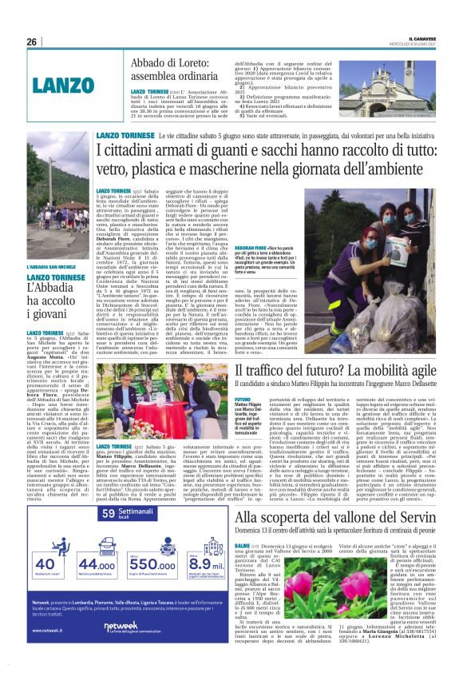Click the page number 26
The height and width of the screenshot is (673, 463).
point(32,41)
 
